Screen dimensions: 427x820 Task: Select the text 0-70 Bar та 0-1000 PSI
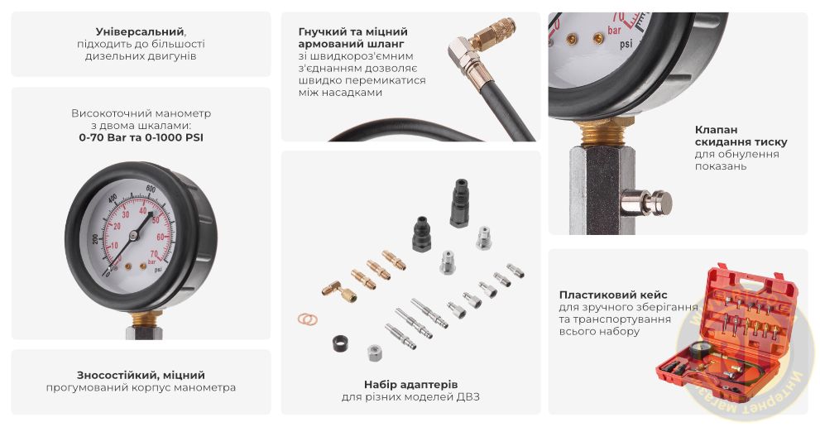[141, 138]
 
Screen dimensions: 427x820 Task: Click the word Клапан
[717, 129]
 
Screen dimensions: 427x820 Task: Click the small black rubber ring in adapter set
[336, 342]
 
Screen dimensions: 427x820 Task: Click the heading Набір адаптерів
[410, 384]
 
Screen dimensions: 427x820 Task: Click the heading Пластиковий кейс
[613, 295]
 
